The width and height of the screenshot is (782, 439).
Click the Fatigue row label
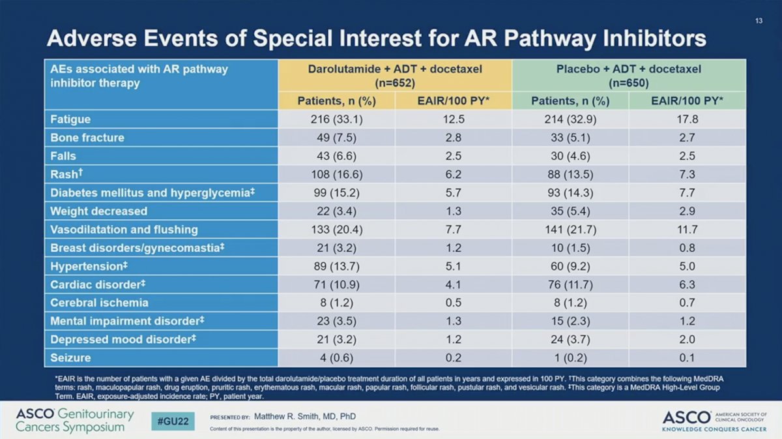pyautogui.click(x=70, y=119)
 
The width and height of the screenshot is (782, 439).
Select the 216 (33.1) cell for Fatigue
pyautogui.click(x=336, y=119)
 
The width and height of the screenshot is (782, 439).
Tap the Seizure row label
pyautogui.click(x=70, y=358)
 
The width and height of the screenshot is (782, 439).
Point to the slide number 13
pyautogui.click(x=759, y=21)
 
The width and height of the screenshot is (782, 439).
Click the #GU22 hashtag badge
pyautogui.click(x=173, y=421)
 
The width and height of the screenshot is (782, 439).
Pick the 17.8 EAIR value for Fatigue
pyautogui.click(x=688, y=119)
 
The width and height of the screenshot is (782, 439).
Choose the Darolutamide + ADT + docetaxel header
pyautogui.click(x=395, y=76)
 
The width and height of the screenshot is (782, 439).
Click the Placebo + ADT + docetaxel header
pyautogui.click(x=629, y=76)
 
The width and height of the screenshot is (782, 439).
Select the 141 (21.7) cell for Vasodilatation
pyautogui.click(x=570, y=230)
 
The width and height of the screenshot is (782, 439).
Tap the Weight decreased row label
pyautogui.click(x=99, y=211)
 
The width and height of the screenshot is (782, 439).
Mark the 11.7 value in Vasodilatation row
pyautogui.click(x=688, y=230)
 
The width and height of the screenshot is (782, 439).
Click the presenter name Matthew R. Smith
pyautogui.click(x=305, y=416)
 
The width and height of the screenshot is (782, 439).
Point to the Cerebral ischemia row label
pyautogui.click(x=100, y=303)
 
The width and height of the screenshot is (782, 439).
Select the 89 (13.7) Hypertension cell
pyautogui.click(x=336, y=266)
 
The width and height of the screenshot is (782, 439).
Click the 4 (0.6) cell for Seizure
pyautogui.click(x=336, y=358)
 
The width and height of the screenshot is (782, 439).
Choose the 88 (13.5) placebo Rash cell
pyautogui.click(x=570, y=174)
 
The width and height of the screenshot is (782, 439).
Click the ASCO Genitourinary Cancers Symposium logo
pyautogui.click(x=75, y=421)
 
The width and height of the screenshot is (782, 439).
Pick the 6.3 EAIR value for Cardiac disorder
pyautogui.click(x=688, y=284)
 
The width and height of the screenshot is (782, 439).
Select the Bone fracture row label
pyautogui.click(x=87, y=138)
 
